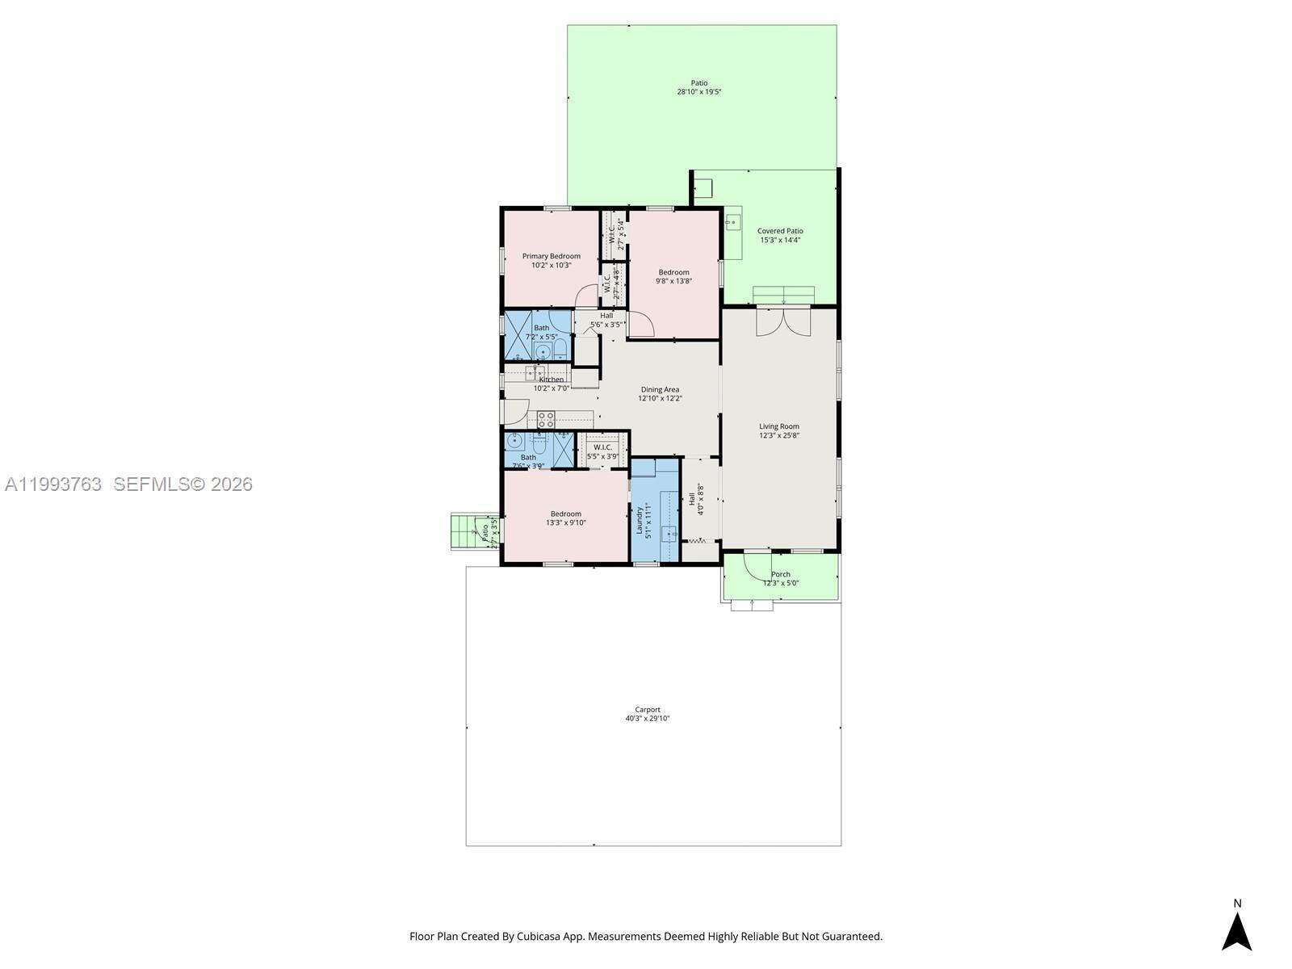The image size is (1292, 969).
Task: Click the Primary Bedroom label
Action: coord(551,256)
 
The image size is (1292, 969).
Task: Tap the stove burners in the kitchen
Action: coord(546,418)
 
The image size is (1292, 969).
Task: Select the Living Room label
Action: coord(778,426)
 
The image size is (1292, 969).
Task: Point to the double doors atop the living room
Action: coord(783,321)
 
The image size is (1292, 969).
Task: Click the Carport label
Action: coord(647,710)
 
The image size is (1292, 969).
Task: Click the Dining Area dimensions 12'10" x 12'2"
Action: coord(660,398)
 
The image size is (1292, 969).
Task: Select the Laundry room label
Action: coord(639,519)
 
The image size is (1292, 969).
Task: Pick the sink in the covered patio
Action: coord(733,220)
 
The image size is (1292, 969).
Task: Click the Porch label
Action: coord(780,574)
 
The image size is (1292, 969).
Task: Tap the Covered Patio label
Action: coord(780,231)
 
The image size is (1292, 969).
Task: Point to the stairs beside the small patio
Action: coord(464,531)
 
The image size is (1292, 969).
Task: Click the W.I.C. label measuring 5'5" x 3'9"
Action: coord(605,447)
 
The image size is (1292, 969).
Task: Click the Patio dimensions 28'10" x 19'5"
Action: coord(698,92)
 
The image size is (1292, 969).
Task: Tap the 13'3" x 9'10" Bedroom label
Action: coord(565,514)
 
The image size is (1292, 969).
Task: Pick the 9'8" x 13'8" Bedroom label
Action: coord(673,272)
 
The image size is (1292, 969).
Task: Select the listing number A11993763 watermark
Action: coord(53,484)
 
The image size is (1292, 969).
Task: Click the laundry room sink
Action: coord(669,534)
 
